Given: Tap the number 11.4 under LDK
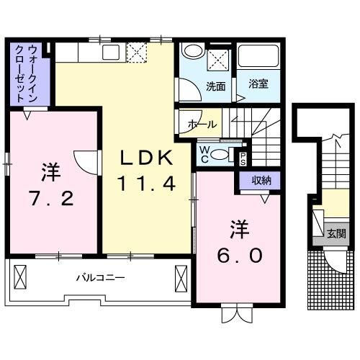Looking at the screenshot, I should point(147,184).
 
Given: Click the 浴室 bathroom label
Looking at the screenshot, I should point(258,84).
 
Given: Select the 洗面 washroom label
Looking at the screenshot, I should point(215,86).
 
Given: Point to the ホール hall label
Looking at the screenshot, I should point(202,124).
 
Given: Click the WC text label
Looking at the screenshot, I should point(205,153).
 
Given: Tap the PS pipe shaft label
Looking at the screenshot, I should point(243,158).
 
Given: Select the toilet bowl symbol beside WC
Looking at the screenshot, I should point(222,153).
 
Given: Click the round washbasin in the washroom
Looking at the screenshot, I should point(192,52).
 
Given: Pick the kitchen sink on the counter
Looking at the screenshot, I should point(112,52).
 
